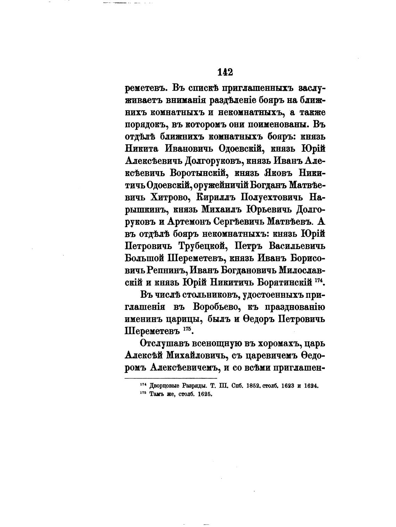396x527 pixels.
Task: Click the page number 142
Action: pos(225,72)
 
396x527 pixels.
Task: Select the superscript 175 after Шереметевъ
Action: pos(186,329)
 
